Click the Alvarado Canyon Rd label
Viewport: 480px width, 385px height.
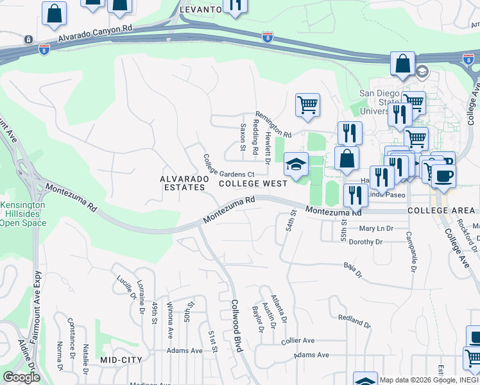point(94,33)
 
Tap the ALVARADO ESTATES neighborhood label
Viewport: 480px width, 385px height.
point(182,183)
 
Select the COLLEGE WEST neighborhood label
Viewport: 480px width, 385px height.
point(253,184)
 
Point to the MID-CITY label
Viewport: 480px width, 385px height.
point(121,361)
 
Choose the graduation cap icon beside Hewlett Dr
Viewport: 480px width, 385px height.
point(296,165)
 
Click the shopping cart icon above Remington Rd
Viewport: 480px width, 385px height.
point(307,105)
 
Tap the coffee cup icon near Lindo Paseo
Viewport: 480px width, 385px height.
point(443,175)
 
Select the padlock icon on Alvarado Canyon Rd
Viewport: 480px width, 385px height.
point(28,39)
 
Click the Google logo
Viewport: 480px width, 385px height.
point(21,377)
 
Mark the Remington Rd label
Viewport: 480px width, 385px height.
point(273,130)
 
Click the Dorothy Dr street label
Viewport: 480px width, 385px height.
point(366,243)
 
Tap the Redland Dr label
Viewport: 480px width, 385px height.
point(354,320)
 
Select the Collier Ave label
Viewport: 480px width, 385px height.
point(298,340)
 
